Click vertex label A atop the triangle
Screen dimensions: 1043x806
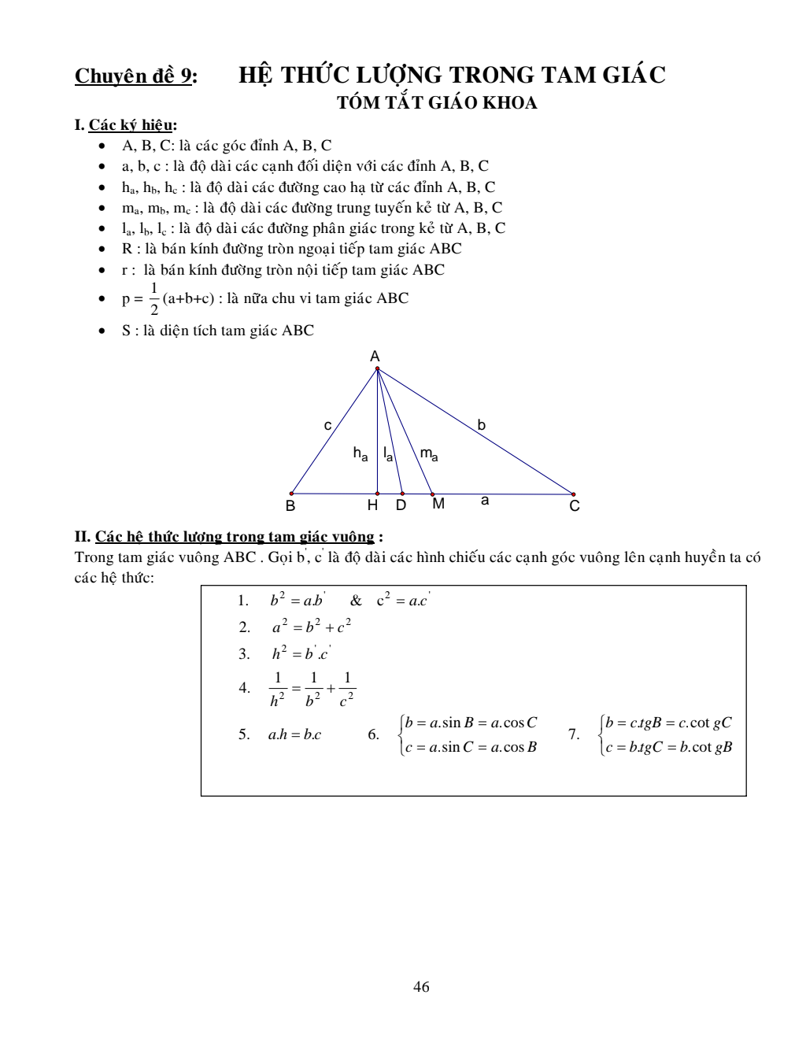375,356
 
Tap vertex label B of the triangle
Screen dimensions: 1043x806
290,506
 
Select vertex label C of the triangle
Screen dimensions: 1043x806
575,506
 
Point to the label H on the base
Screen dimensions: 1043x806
373,505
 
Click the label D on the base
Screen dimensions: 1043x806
401,505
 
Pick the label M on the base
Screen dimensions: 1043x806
438,504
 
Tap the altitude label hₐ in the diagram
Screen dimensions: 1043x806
360,454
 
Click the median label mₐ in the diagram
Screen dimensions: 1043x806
429,454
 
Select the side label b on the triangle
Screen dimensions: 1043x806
482,425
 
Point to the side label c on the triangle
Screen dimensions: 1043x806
328,425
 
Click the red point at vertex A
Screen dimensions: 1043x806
377,368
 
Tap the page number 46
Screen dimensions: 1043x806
421,987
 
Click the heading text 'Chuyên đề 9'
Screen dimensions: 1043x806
135,76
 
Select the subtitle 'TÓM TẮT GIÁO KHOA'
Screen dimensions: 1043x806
437,103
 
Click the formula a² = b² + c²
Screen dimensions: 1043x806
312,627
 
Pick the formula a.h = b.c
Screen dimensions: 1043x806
294,735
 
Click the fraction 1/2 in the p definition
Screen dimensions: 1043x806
154,298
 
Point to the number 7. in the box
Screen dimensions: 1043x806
574,735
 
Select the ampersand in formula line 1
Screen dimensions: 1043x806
357,601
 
